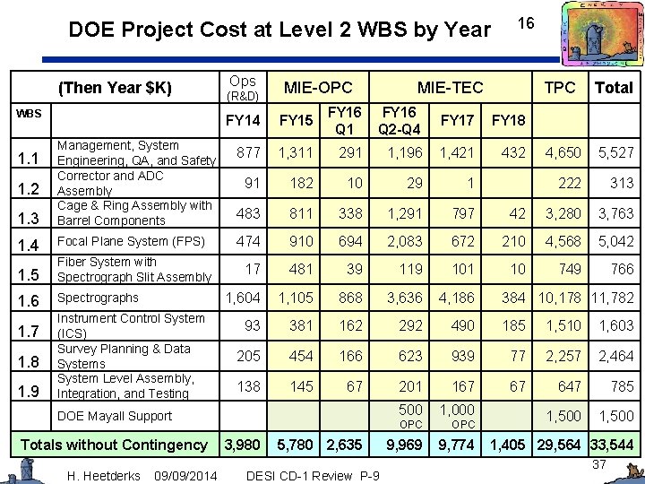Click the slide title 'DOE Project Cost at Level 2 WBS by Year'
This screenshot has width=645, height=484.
(x=279, y=30)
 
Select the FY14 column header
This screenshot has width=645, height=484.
(x=244, y=120)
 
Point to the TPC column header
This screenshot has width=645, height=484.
(x=562, y=88)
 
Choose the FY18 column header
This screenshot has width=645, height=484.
(x=509, y=120)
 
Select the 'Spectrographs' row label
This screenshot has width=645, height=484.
(x=98, y=298)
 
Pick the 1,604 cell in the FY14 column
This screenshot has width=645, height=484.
(x=243, y=298)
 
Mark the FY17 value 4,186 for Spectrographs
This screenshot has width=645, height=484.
(x=456, y=298)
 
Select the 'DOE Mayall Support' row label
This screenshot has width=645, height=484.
(x=114, y=416)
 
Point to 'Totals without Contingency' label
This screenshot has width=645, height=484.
(x=114, y=445)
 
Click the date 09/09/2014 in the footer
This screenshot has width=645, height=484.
(x=185, y=474)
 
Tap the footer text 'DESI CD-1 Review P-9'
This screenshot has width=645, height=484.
(x=312, y=474)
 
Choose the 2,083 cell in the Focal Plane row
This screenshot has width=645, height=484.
(x=404, y=241)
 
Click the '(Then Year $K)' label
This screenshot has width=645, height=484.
(x=115, y=88)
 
